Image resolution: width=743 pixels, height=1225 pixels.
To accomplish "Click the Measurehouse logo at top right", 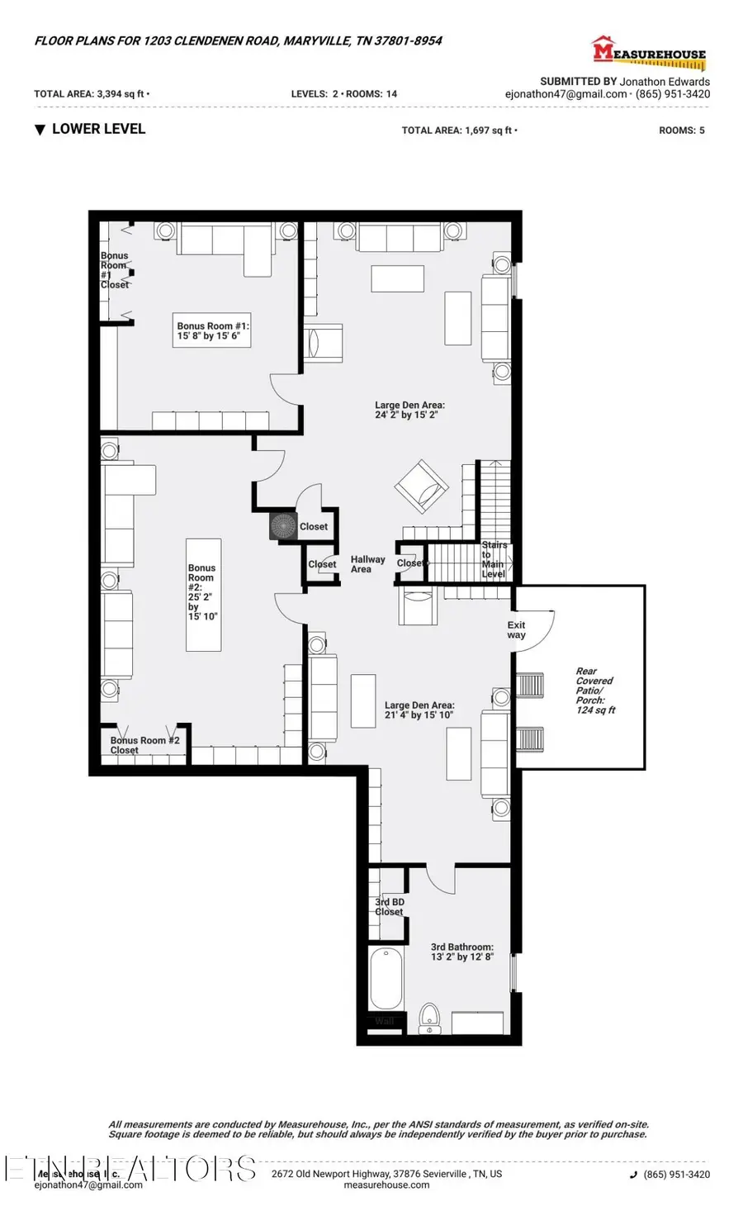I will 649,54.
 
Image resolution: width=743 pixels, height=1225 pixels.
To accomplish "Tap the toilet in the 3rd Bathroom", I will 429,1018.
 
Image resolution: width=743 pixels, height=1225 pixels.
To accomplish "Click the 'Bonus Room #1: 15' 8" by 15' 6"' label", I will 212,331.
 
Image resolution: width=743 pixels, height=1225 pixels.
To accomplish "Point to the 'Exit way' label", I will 516,630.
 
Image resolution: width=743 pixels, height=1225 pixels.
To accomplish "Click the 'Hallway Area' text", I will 367,564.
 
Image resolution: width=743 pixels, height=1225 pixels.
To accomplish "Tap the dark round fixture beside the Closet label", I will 283,526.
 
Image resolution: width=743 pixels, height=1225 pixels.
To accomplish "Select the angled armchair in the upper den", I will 422,487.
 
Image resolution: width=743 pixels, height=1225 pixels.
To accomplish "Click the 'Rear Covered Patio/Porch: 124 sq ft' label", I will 595,691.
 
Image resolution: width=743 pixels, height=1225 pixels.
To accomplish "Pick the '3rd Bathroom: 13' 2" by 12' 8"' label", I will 461,952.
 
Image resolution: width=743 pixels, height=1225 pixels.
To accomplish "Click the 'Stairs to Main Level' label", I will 494,559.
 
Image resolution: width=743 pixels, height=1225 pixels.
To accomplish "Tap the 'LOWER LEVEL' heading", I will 98,129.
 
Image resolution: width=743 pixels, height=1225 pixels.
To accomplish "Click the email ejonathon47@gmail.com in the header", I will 566,94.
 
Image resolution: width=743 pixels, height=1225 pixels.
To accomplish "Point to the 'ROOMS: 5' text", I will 681,131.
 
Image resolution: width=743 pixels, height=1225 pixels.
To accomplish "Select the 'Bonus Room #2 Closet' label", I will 144,745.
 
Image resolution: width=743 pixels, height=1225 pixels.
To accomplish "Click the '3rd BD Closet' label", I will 390,907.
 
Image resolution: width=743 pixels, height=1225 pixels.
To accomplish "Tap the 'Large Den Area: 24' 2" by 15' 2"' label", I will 409,410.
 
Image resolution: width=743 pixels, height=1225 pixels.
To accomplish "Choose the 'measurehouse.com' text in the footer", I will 386,1185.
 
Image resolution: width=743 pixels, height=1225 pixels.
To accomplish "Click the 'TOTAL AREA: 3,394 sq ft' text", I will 90,94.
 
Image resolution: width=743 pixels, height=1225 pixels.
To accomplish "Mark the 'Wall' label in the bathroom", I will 385,1021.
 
